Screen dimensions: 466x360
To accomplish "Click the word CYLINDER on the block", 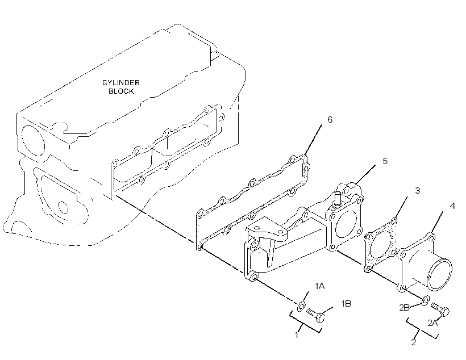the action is (x=121, y=82).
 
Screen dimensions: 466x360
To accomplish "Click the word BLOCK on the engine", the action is (x=121, y=91).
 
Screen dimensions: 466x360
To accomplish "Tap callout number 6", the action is (x=330, y=119).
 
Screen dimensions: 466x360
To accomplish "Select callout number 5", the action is (x=385, y=161).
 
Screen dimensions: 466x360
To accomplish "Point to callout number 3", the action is (x=418, y=191).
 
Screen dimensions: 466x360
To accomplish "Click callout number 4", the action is (x=452, y=206).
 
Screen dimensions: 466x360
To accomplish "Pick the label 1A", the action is (x=320, y=286).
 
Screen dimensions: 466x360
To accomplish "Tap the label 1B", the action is (x=346, y=304).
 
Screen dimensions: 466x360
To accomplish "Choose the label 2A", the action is (x=432, y=323).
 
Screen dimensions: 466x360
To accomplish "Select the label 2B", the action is (x=405, y=308).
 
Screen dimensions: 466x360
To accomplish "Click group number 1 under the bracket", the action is (x=296, y=335).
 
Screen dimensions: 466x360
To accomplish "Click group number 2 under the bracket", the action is (x=414, y=342).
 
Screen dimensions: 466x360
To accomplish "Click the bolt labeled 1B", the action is (x=315, y=315).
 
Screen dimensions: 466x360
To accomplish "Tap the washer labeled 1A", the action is (x=301, y=306).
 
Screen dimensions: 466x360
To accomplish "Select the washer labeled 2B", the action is (x=425, y=300).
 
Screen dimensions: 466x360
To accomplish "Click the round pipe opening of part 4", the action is (x=440, y=274).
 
